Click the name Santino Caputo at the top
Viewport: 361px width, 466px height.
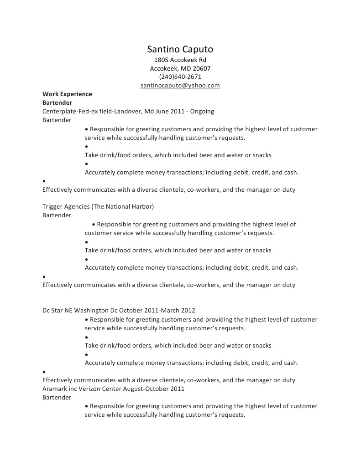pos(180,49)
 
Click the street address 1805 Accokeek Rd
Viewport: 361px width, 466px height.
pos(180,60)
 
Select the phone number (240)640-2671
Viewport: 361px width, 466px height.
pos(180,77)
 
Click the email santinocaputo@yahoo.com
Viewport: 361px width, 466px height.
pos(180,85)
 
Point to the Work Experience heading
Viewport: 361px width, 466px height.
pos(67,94)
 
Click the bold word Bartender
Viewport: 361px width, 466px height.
pos(57,102)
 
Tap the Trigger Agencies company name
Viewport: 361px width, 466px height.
pos(66,206)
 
